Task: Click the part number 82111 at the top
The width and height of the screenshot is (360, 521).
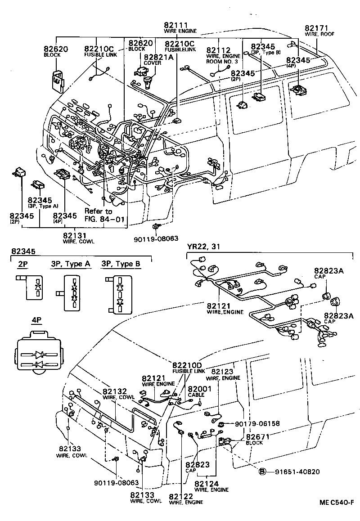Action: coord(176,25)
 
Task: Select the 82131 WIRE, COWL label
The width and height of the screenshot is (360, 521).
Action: coord(76,237)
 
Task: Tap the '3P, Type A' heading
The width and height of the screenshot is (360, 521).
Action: coord(70,264)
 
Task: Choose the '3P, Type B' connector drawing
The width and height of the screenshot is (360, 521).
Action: coord(118,295)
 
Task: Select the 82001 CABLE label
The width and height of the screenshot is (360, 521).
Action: coord(196,391)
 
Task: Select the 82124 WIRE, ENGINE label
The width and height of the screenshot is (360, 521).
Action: coord(211,486)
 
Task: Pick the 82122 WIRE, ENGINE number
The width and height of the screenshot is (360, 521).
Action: coord(182,497)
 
